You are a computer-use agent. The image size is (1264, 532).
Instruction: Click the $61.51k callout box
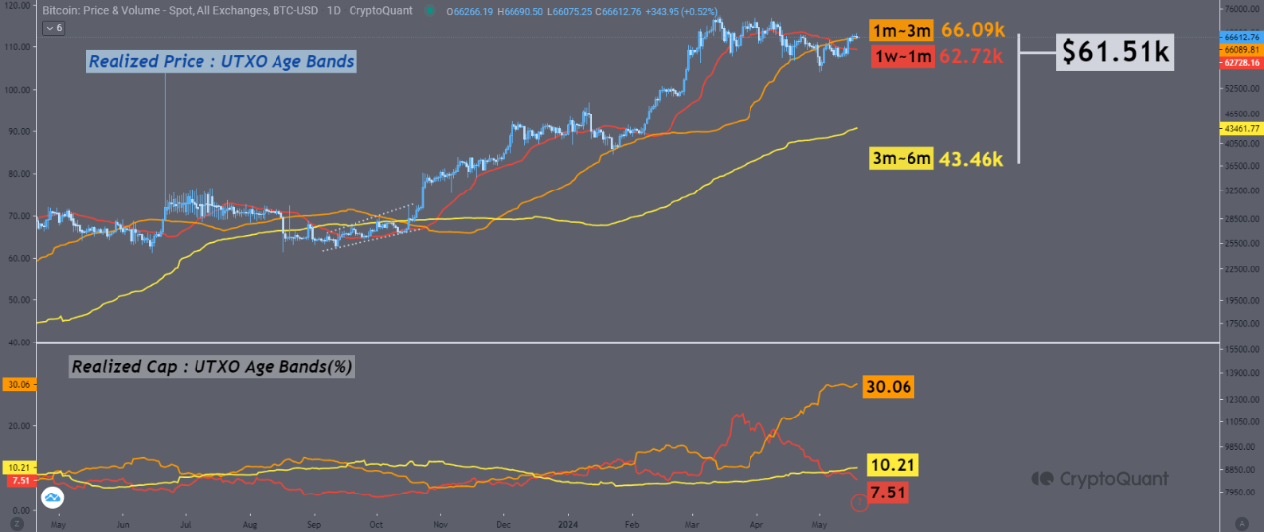pos(1115,52)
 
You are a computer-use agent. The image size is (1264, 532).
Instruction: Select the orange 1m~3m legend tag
pos(901,32)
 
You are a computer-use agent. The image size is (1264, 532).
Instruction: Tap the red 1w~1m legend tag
pos(902,57)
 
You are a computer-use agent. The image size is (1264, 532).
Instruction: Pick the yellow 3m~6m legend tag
pos(901,158)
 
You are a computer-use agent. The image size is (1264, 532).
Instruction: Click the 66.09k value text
pos(972,32)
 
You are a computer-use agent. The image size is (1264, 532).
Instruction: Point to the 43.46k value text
pos(972,158)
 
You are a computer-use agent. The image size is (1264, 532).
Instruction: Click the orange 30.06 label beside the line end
pos(889,386)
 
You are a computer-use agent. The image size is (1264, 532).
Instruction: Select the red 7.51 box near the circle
pos(889,492)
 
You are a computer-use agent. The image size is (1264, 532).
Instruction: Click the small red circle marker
pos(858,503)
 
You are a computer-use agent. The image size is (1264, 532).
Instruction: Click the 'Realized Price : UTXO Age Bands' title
pos(220,62)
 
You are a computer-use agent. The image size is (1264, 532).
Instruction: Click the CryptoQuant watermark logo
pos(1099,479)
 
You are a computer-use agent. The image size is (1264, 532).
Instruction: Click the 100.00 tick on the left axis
pos(19,90)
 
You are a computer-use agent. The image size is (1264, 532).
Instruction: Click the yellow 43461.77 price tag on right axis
pos(1238,129)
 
